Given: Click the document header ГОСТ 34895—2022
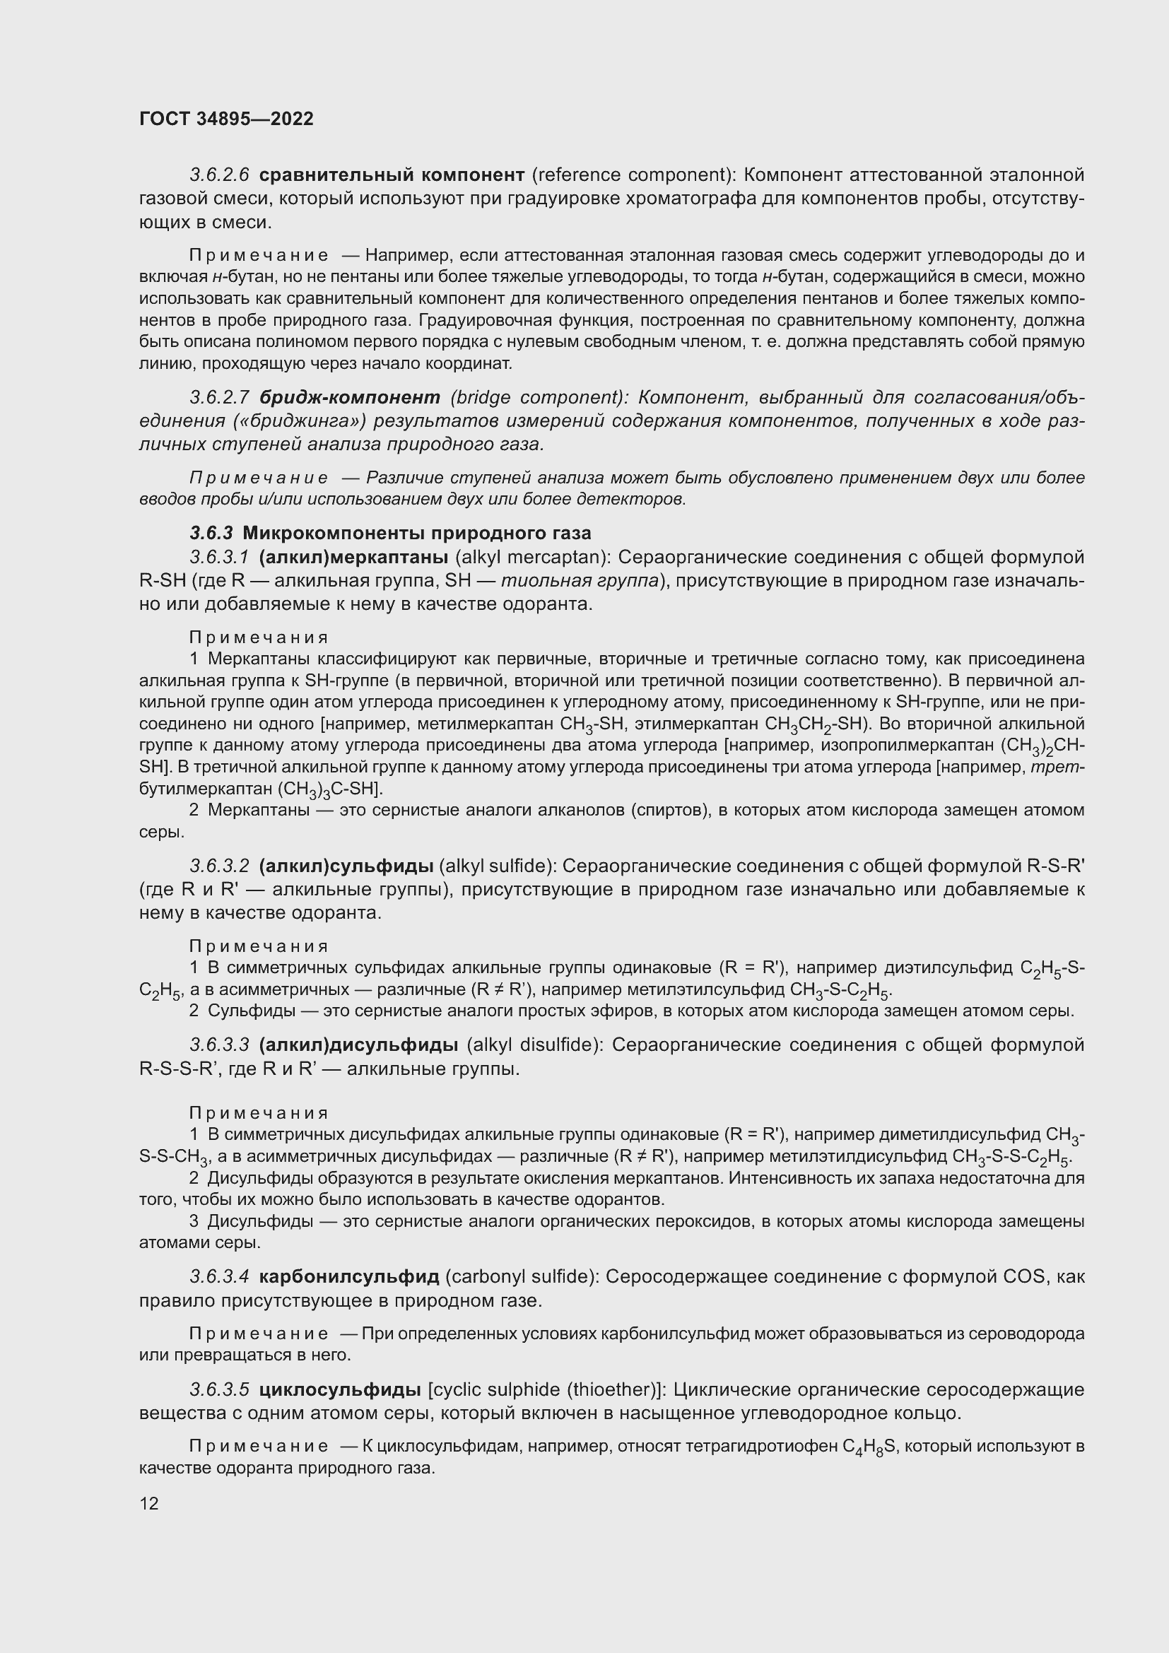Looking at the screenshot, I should [x=226, y=119].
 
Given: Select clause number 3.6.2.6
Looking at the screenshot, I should [x=219, y=175].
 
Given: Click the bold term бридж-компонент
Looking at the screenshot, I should [x=350, y=397].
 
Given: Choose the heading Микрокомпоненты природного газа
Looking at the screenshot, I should [x=417, y=533].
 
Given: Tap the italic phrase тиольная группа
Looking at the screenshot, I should [x=580, y=581].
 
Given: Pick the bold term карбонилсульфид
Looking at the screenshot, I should [x=348, y=1276].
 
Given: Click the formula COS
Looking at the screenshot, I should [x=1023, y=1276].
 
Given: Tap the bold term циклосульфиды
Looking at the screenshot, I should [x=340, y=1389].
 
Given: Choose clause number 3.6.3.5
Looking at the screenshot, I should [x=219, y=1389].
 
